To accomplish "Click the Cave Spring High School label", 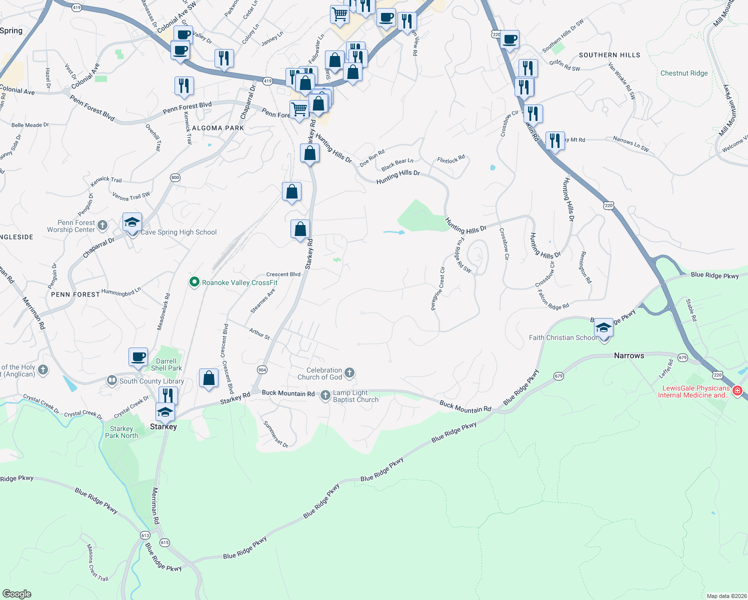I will point(178,232).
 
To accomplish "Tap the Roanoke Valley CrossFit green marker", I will point(194,282).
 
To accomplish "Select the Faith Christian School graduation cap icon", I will point(604,328).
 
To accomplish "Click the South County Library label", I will point(151,381).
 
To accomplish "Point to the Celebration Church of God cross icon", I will point(349,373).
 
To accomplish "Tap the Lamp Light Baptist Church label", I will point(355,396).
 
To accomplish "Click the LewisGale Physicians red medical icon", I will point(737,390).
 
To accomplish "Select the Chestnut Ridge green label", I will point(684,73).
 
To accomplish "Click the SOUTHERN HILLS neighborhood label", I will point(609,55).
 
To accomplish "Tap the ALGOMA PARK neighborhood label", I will point(218,128).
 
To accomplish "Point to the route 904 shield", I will point(262,369).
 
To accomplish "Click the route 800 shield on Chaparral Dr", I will point(175,177).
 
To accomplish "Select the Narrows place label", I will point(629,355).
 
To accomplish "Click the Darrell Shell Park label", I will point(166,364).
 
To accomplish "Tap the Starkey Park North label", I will point(121,432).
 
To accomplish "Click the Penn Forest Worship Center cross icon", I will point(102,225).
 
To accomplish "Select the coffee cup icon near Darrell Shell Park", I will point(138,357).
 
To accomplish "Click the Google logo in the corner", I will point(17,593).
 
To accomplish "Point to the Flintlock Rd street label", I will point(450,159).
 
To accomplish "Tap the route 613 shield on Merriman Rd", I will point(145,535).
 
